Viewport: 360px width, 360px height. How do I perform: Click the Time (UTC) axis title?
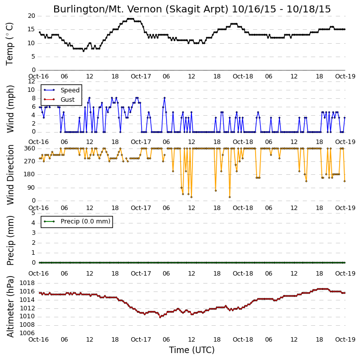[x=192, y=350]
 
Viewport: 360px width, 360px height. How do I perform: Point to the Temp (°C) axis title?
[x=9, y=44]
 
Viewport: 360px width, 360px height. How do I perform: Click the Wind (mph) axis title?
[x=10, y=109]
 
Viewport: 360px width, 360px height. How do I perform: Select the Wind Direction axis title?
[x=10, y=174]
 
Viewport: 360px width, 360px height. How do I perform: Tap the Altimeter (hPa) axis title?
[x=10, y=306]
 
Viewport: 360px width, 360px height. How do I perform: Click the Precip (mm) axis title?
[x=10, y=240]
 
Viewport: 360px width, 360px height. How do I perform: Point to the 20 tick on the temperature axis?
[x=32, y=16]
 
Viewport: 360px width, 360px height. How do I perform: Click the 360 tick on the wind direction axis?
[x=30, y=148]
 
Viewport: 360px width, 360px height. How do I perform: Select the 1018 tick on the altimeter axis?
[x=27, y=283]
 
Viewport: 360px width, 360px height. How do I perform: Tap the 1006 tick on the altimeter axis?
[x=27, y=333]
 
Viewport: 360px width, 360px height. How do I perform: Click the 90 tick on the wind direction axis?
[x=32, y=188]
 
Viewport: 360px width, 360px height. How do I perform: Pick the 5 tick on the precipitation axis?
[x=33, y=213]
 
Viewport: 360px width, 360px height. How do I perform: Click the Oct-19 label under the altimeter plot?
[x=345, y=339]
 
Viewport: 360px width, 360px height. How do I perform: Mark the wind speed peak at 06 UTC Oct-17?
[x=165, y=98]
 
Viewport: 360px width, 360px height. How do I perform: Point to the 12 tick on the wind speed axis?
[x=32, y=81]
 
